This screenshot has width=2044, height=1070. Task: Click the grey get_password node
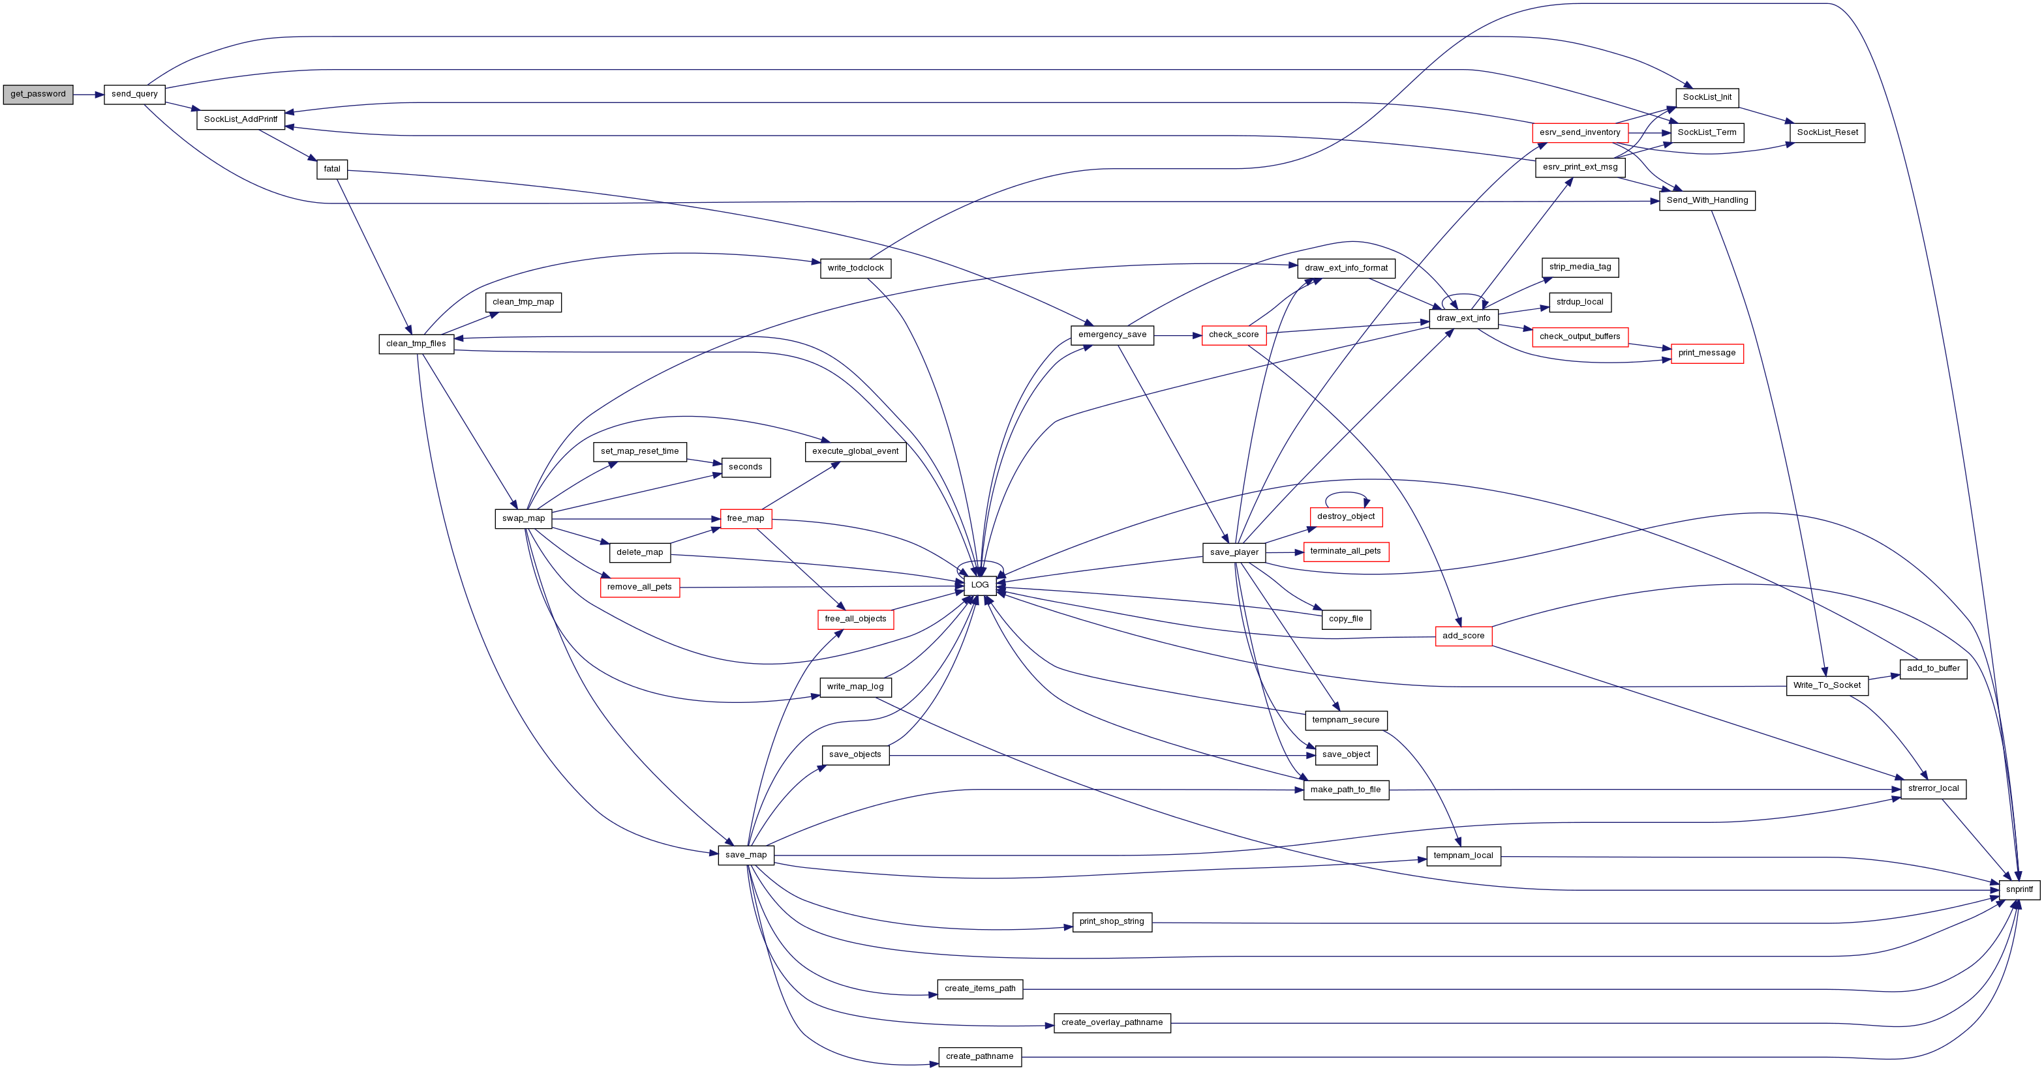[x=38, y=95]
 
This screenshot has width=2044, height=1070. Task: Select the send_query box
[x=134, y=95]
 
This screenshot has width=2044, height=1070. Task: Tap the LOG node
[x=980, y=586]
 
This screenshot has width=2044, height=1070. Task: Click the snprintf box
[x=2019, y=890]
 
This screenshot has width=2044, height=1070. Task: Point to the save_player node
[x=1234, y=553]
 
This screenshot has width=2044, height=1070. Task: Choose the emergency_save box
[x=1112, y=334]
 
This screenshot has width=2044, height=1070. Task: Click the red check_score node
[x=1234, y=334]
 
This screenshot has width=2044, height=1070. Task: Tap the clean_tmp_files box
[x=416, y=344]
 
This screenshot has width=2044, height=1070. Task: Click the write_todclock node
[x=855, y=268]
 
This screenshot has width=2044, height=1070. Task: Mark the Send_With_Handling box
[x=1707, y=201]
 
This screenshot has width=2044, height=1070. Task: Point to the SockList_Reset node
[x=1827, y=132]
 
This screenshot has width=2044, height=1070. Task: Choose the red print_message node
[x=1707, y=353]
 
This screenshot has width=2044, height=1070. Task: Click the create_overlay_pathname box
[x=1112, y=1023]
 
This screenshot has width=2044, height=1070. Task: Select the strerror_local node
[x=1933, y=789]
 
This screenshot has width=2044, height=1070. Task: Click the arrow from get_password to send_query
[x=88, y=95]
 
